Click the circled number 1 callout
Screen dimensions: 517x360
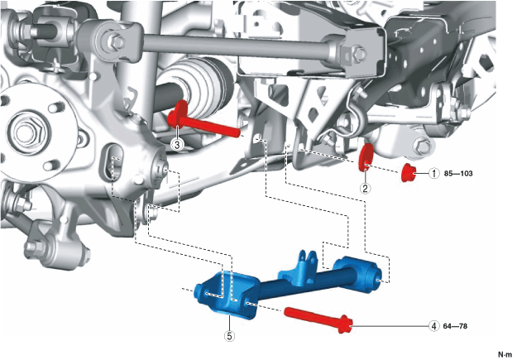[x=434, y=173]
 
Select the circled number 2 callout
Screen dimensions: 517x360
[x=365, y=188]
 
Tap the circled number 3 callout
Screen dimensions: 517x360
[x=177, y=145]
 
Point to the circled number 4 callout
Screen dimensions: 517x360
[x=434, y=326]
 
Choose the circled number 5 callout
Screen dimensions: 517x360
[x=229, y=336]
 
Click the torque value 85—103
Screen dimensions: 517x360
[x=458, y=174]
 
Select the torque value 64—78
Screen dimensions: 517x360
[x=455, y=326]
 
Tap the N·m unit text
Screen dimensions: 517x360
[x=505, y=355]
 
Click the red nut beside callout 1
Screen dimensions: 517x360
[x=408, y=172]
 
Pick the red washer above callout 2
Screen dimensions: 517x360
[x=366, y=157]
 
